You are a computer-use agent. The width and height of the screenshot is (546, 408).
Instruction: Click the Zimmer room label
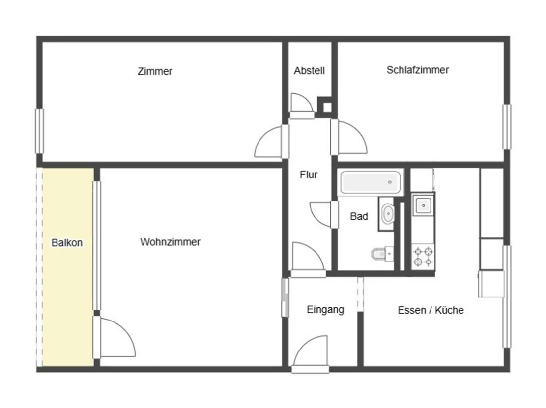(x=155, y=71)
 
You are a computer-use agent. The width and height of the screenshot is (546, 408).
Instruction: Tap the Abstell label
(x=309, y=71)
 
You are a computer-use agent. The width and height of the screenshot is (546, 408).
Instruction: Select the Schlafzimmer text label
(x=418, y=70)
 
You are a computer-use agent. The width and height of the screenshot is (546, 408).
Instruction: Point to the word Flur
(x=309, y=175)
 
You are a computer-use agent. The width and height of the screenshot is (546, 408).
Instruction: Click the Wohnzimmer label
(x=170, y=242)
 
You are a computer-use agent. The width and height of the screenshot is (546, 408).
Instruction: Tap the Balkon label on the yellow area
(x=67, y=242)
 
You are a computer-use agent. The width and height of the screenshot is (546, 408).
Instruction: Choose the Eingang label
(x=325, y=310)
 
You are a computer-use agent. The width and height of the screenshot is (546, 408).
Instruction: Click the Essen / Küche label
(x=431, y=310)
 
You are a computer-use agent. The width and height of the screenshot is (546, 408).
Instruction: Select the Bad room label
(x=359, y=216)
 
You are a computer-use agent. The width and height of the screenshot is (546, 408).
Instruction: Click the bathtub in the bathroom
(x=371, y=182)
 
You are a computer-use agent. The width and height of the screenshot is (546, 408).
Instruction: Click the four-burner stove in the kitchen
(x=423, y=256)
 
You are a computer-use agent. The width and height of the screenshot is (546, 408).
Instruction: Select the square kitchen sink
(x=423, y=205)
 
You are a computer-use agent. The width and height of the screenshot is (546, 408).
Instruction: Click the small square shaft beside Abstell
(x=327, y=107)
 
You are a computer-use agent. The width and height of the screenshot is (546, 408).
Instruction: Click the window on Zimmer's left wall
(x=39, y=131)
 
